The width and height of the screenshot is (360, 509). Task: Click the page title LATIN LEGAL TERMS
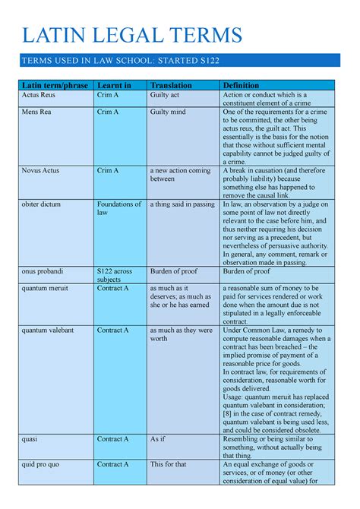click(x=132, y=35)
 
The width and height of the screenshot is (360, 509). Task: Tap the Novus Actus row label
click(x=41, y=171)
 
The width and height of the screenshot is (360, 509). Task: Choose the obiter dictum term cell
click(x=43, y=204)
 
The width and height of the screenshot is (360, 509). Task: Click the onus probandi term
click(x=43, y=270)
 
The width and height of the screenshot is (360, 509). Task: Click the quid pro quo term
click(x=41, y=463)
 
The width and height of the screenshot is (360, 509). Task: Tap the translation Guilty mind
click(x=169, y=112)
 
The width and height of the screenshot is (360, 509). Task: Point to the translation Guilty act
click(x=166, y=95)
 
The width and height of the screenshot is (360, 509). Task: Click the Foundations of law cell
click(x=118, y=209)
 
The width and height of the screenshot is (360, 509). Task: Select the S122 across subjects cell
click(x=115, y=275)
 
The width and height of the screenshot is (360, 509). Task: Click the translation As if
click(x=157, y=439)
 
